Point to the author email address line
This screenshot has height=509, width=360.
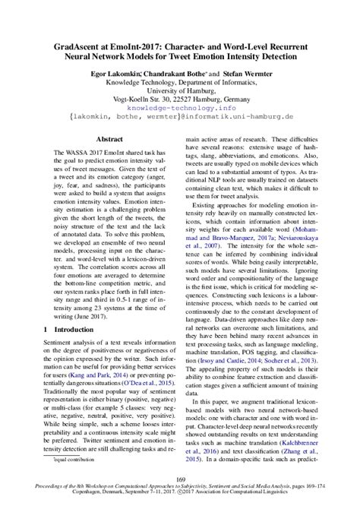point(180,119)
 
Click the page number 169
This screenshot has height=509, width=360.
point(180,479)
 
